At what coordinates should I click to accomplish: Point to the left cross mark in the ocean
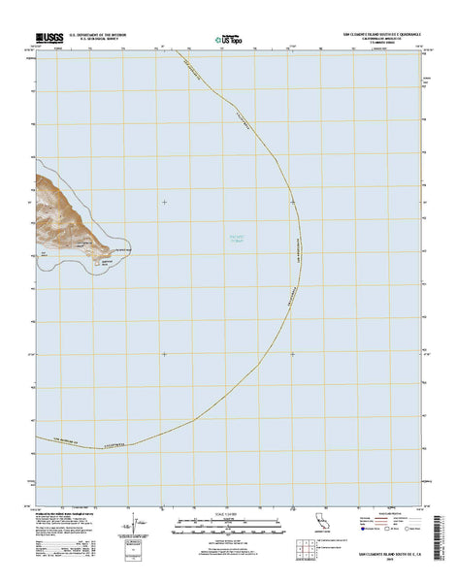(x=164, y=202)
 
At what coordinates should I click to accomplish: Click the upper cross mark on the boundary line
(x=292, y=202)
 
